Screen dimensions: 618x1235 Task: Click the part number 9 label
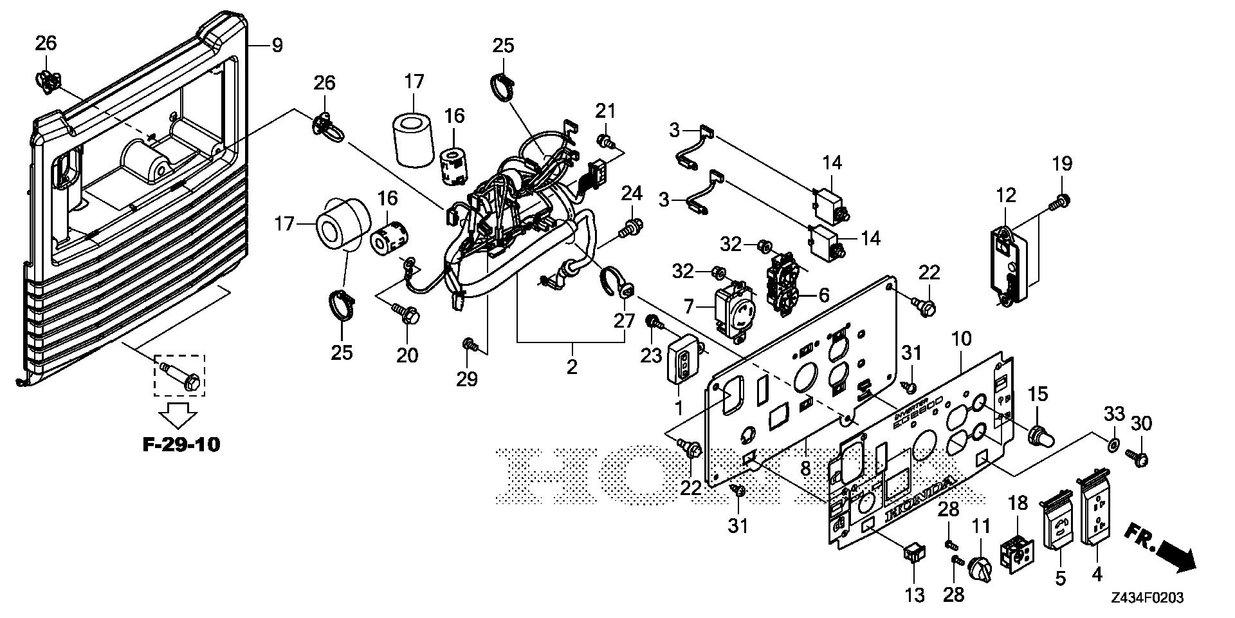coord(277,46)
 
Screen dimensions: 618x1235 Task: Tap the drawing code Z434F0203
coord(1148,598)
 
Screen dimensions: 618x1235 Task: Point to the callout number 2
coord(571,367)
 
